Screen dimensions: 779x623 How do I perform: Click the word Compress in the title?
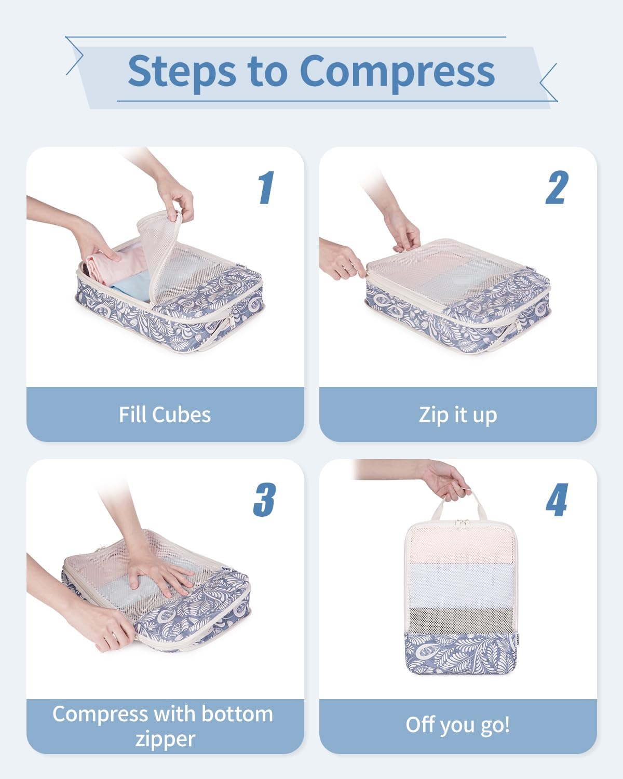click(397, 71)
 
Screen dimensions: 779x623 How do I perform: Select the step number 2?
click(557, 188)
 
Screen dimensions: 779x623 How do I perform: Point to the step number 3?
click(264, 500)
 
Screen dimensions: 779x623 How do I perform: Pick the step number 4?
click(557, 500)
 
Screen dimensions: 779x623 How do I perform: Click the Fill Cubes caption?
click(165, 414)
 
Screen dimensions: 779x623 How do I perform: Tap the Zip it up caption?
click(457, 414)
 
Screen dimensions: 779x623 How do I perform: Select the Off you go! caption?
click(457, 724)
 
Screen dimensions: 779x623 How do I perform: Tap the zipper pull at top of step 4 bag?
click(462, 523)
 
